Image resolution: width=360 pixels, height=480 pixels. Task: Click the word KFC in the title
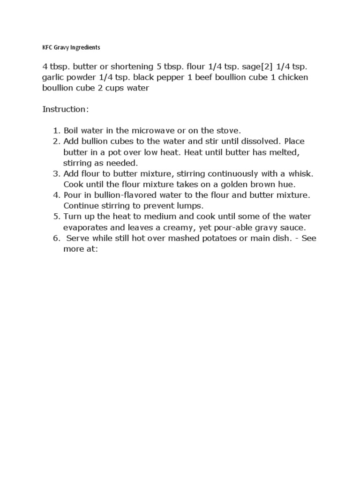point(48,47)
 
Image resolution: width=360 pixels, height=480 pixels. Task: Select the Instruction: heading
point(65,109)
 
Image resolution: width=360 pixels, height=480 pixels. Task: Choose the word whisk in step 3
point(298,174)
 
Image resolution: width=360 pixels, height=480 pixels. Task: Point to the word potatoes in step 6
point(210,239)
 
